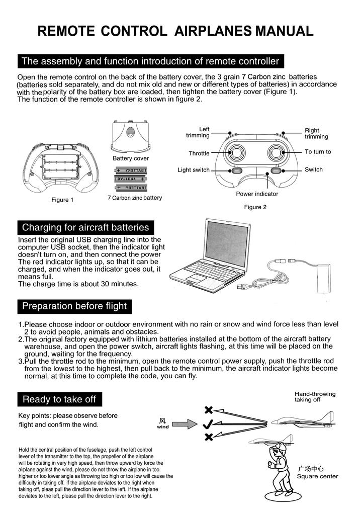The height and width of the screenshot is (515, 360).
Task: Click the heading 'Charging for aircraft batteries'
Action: pyautogui.click(x=85, y=227)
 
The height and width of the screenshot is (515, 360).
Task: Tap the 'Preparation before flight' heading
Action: pyautogui.click(x=74, y=306)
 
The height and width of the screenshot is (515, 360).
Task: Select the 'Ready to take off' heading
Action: pyautogui.click(x=59, y=399)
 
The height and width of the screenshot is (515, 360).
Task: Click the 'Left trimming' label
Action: pyautogui.click(x=198, y=132)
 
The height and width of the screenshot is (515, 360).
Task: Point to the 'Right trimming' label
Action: pyautogui.click(x=316, y=133)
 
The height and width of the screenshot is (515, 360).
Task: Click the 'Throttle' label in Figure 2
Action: pyautogui.click(x=199, y=153)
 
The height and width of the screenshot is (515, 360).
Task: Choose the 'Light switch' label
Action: pyautogui.click(x=194, y=170)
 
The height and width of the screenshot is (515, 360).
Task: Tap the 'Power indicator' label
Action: pyautogui.click(x=257, y=194)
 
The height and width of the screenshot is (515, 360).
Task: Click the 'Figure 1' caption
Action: pyautogui.click(x=62, y=200)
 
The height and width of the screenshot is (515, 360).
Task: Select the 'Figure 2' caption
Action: pyautogui.click(x=255, y=207)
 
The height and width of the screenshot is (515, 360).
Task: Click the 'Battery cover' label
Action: pyautogui.click(x=131, y=158)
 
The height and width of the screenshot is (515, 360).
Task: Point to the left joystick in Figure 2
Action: pyautogui.click(x=235, y=152)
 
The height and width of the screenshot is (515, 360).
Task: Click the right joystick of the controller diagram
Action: pyautogui.click(x=276, y=152)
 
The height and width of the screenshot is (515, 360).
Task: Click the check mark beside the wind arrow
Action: pyautogui.click(x=208, y=424)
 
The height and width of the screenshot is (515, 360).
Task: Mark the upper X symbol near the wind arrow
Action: pyautogui.click(x=209, y=410)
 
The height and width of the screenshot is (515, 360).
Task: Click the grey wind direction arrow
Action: pyautogui.click(x=185, y=423)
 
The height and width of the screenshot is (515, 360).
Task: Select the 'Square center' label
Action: pyautogui.click(x=317, y=476)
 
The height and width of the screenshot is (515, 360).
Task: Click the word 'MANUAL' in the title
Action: pyautogui.click(x=285, y=31)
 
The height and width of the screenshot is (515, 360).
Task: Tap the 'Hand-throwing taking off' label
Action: pyautogui.click(x=315, y=397)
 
